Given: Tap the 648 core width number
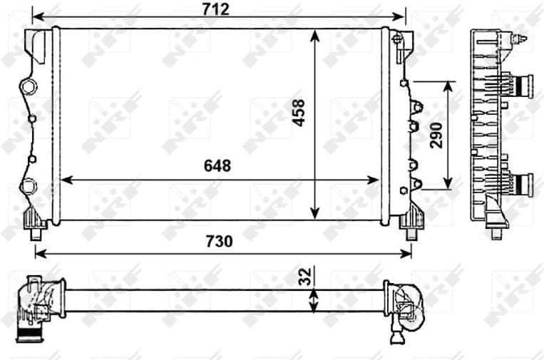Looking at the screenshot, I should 217,165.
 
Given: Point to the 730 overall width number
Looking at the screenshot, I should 219,241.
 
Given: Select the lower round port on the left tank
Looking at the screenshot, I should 28,186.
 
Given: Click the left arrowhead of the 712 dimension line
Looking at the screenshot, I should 38,15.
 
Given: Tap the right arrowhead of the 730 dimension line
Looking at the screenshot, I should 409,253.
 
